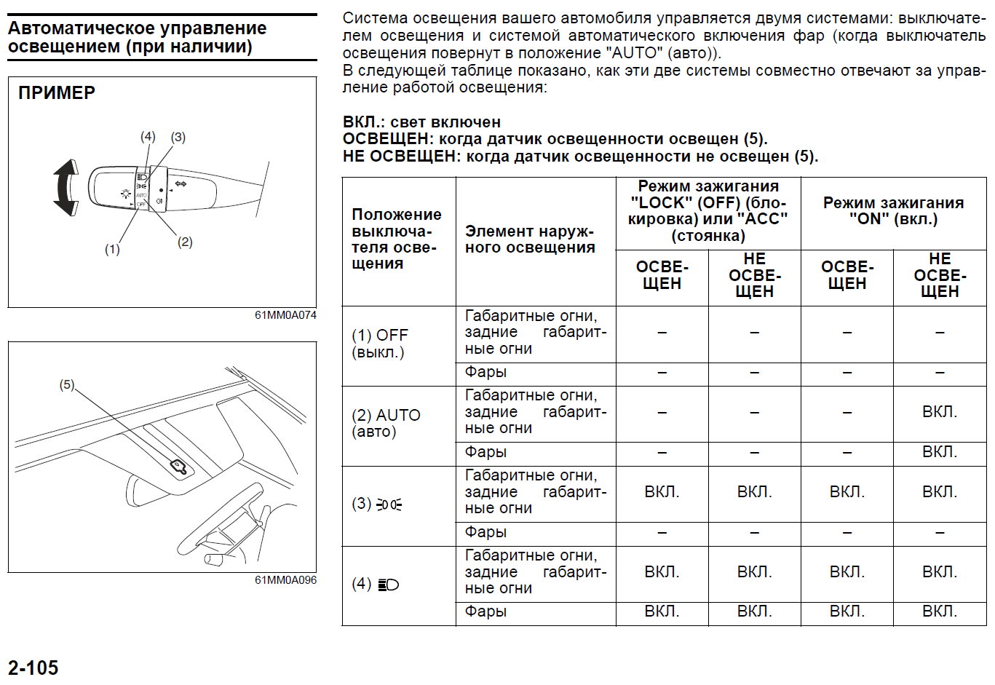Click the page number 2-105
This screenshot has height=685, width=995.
click(33, 668)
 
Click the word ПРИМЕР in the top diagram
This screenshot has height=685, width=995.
click(57, 93)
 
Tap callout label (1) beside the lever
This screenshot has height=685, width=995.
click(111, 250)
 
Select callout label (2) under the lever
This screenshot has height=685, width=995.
click(185, 242)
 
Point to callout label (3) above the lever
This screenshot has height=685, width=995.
click(178, 137)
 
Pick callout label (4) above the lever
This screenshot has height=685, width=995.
click(148, 136)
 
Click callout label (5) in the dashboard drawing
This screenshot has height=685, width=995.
click(66, 384)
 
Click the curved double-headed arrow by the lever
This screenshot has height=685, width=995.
click(66, 188)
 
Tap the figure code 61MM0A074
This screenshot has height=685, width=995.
click(285, 315)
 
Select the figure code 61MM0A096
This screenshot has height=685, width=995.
click(285, 580)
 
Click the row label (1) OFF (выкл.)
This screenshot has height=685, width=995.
click(380, 344)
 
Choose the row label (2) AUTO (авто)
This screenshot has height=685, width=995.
click(386, 424)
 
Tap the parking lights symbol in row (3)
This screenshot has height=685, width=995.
click(389, 504)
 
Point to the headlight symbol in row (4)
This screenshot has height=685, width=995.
click(389, 585)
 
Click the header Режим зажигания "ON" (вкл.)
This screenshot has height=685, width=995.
click(893, 211)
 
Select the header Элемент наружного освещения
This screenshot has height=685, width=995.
click(530, 239)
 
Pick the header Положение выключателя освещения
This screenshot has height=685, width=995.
click(396, 239)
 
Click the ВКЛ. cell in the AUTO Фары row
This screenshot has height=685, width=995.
click(939, 452)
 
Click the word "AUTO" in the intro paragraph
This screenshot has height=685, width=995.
click(633, 53)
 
